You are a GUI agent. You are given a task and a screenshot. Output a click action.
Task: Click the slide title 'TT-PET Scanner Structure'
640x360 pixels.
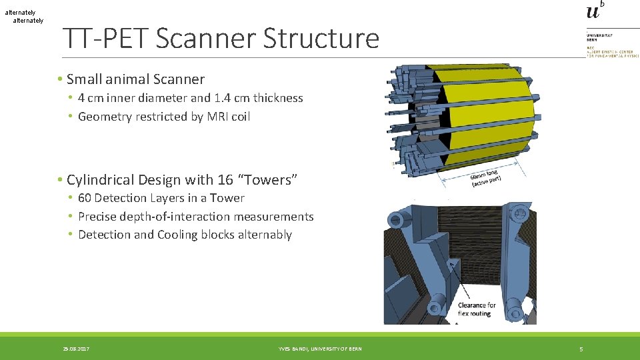(221, 39)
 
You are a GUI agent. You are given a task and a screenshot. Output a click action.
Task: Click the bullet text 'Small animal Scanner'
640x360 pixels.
(135, 79)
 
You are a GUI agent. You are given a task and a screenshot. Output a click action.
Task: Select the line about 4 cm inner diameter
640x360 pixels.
(190, 98)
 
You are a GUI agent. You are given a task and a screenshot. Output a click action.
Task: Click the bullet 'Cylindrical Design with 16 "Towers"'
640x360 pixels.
(181, 180)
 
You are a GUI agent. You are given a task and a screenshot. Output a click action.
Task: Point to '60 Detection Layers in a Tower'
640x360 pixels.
(161, 198)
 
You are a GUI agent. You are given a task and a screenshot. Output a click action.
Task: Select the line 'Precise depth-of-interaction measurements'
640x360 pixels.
(195, 217)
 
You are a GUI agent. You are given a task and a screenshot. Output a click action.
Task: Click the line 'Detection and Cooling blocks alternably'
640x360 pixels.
(185, 235)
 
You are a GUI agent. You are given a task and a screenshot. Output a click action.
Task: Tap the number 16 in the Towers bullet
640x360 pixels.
(225, 180)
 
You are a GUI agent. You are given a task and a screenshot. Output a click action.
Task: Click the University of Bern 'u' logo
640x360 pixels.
(594, 11)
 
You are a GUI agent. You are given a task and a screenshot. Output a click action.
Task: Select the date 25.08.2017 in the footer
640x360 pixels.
(76, 349)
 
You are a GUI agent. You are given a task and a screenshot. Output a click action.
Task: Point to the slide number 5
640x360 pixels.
(581, 349)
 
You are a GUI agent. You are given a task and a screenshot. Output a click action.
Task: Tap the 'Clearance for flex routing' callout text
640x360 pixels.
(477, 309)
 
